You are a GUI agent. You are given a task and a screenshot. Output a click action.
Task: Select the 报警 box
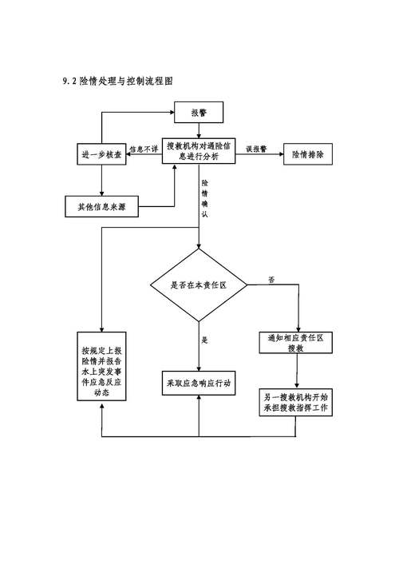pos(199,113)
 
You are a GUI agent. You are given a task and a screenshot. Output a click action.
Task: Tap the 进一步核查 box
pos(101,154)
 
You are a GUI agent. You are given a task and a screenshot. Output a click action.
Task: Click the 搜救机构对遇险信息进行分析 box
pos(200,152)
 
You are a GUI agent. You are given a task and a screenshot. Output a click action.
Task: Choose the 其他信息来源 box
pos(101,206)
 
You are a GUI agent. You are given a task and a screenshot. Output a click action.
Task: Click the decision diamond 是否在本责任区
pos(199,284)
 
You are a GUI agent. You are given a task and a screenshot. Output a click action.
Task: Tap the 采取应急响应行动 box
pos(199,384)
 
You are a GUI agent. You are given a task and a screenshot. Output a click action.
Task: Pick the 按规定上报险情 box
pos(101,372)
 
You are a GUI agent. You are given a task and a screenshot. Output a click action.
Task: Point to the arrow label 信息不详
pos(144,149)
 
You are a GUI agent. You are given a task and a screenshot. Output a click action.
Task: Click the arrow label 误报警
pos(256,149)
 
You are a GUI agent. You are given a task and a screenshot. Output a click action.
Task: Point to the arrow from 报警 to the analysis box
pos(199,129)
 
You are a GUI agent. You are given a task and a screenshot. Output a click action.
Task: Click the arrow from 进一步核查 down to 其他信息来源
pos(101,181)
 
